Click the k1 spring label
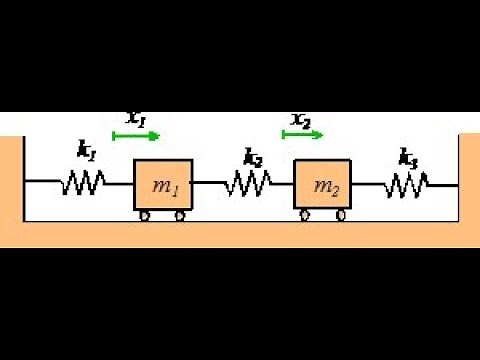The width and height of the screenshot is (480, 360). point(86,151)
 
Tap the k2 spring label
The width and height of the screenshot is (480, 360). point(253,155)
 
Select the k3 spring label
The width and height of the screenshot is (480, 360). point(408,156)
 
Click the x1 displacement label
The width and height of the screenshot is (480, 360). point(136,118)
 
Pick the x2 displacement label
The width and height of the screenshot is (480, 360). point(301,120)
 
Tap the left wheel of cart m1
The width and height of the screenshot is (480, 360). point(145,215)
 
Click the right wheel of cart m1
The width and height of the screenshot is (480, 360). point(181,215)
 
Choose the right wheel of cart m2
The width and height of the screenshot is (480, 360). point(342,215)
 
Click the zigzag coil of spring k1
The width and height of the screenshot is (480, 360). point(84,183)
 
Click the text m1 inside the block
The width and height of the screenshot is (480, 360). point(163,187)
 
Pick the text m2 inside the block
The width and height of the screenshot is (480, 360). point(325,187)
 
